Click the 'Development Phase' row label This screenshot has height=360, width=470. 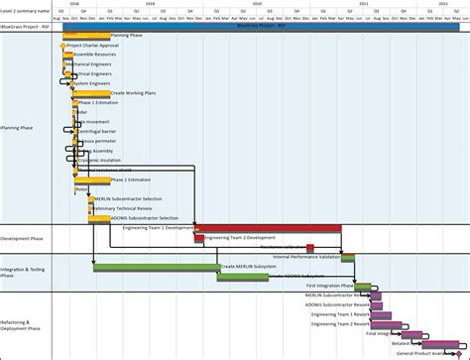pyautogui.click(x=22, y=239)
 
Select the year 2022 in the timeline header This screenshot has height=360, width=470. pyautogui.click(x=443, y=4)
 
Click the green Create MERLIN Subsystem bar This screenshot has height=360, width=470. pyautogui.click(x=157, y=267)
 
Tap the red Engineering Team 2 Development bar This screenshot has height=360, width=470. pyautogui.click(x=269, y=238)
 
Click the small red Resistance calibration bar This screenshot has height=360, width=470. pyautogui.click(x=310, y=248)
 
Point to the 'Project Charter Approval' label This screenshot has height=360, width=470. pyautogui.click(x=93, y=46)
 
